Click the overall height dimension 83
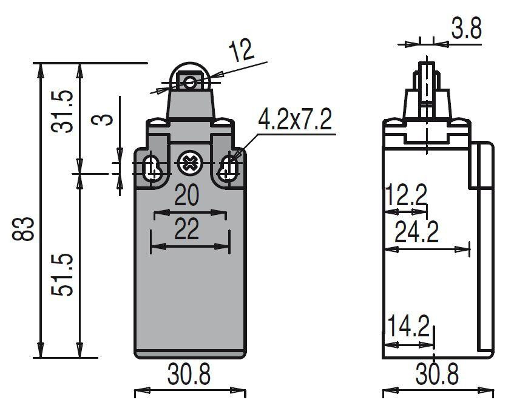[25, 228]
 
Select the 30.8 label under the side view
[438, 376]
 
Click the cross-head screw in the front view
[189, 163]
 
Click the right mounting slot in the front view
[229, 167]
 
